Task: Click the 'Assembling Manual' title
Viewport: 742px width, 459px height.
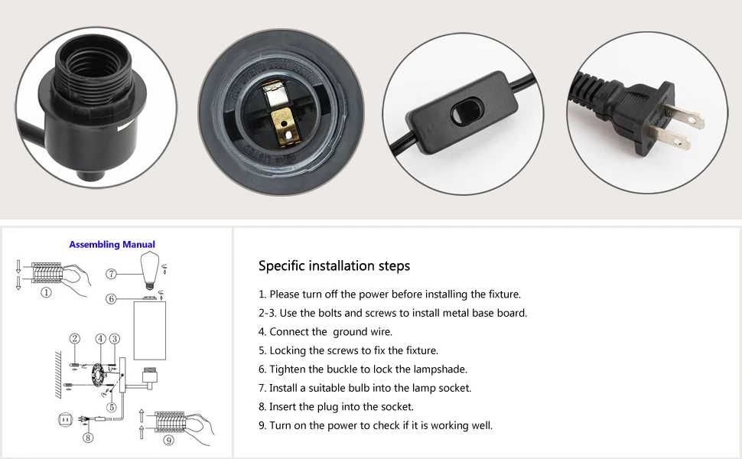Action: click(112, 245)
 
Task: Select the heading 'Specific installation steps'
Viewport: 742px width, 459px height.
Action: click(334, 266)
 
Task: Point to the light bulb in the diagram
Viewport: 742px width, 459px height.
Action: click(151, 269)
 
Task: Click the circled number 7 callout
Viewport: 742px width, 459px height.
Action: click(112, 273)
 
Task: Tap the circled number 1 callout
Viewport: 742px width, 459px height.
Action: click(47, 292)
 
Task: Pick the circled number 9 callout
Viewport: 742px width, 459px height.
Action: click(168, 440)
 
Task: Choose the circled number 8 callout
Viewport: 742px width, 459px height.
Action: click(88, 438)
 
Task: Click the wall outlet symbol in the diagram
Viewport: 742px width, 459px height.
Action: click(65, 419)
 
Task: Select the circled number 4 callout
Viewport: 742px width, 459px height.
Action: click(100, 339)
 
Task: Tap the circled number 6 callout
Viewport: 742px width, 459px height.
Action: click(112, 299)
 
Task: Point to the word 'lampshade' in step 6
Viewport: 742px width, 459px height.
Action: click(441, 369)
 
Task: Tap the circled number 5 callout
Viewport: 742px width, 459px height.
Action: click(112, 407)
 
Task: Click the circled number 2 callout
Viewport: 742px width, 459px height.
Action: click(74, 339)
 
